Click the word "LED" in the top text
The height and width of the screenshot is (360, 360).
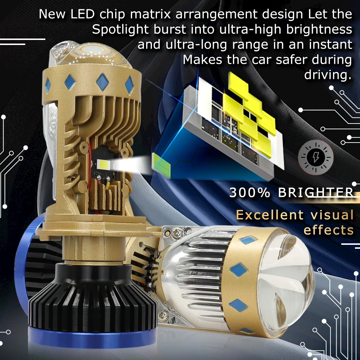click(x=82, y=14)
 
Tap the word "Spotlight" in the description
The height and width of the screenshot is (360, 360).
click(x=121, y=30)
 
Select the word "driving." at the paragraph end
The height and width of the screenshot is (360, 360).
click(x=328, y=75)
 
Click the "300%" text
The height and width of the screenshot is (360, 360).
click(x=249, y=192)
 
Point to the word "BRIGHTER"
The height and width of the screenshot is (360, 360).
click(x=316, y=192)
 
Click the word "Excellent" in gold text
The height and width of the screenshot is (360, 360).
click(x=270, y=215)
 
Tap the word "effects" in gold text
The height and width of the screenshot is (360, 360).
click(x=329, y=230)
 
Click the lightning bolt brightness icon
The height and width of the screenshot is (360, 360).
click(x=316, y=158)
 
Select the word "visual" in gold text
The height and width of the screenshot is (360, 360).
click(x=332, y=215)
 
